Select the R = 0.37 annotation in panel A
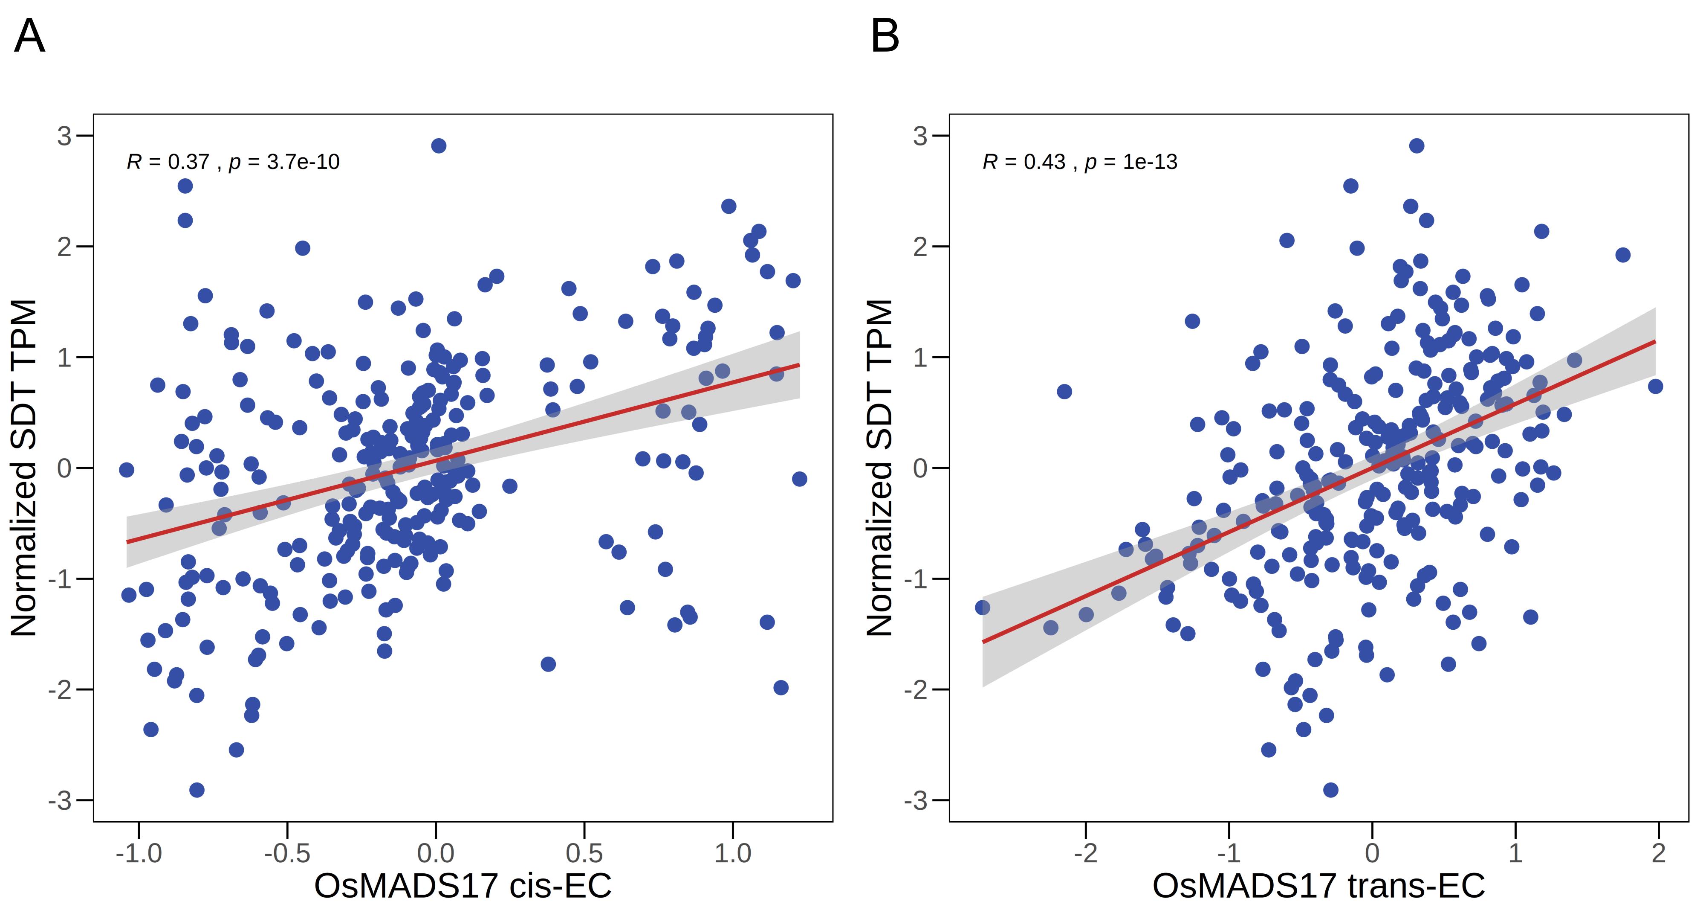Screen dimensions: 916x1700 [x=168, y=162]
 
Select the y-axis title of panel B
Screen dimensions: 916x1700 [x=880, y=468]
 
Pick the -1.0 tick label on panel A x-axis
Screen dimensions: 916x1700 [x=139, y=853]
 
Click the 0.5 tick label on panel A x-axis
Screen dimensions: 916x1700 [x=584, y=853]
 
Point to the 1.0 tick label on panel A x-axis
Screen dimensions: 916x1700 [x=732, y=853]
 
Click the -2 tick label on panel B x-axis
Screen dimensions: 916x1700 [x=1086, y=853]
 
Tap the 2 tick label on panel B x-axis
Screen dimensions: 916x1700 [x=1658, y=853]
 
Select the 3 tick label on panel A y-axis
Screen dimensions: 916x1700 [x=64, y=136]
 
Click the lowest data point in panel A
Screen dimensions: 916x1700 [x=197, y=790]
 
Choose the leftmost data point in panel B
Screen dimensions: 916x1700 [x=983, y=608]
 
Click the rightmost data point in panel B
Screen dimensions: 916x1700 [x=1655, y=387]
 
